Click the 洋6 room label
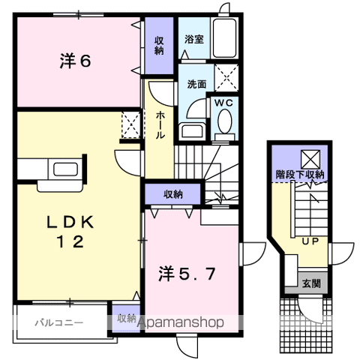click(x=76, y=61)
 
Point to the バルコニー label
click(x=58, y=323)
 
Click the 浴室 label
click(x=194, y=39)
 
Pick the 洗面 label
click(x=196, y=84)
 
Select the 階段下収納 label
click(x=298, y=175)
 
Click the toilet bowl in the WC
click(x=223, y=123)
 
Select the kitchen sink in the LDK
click(x=63, y=168)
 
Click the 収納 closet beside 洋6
click(x=160, y=46)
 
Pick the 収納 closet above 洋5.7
click(x=172, y=194)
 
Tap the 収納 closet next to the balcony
click(x=125, y=319)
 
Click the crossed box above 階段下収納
click(x=309, y=158)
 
